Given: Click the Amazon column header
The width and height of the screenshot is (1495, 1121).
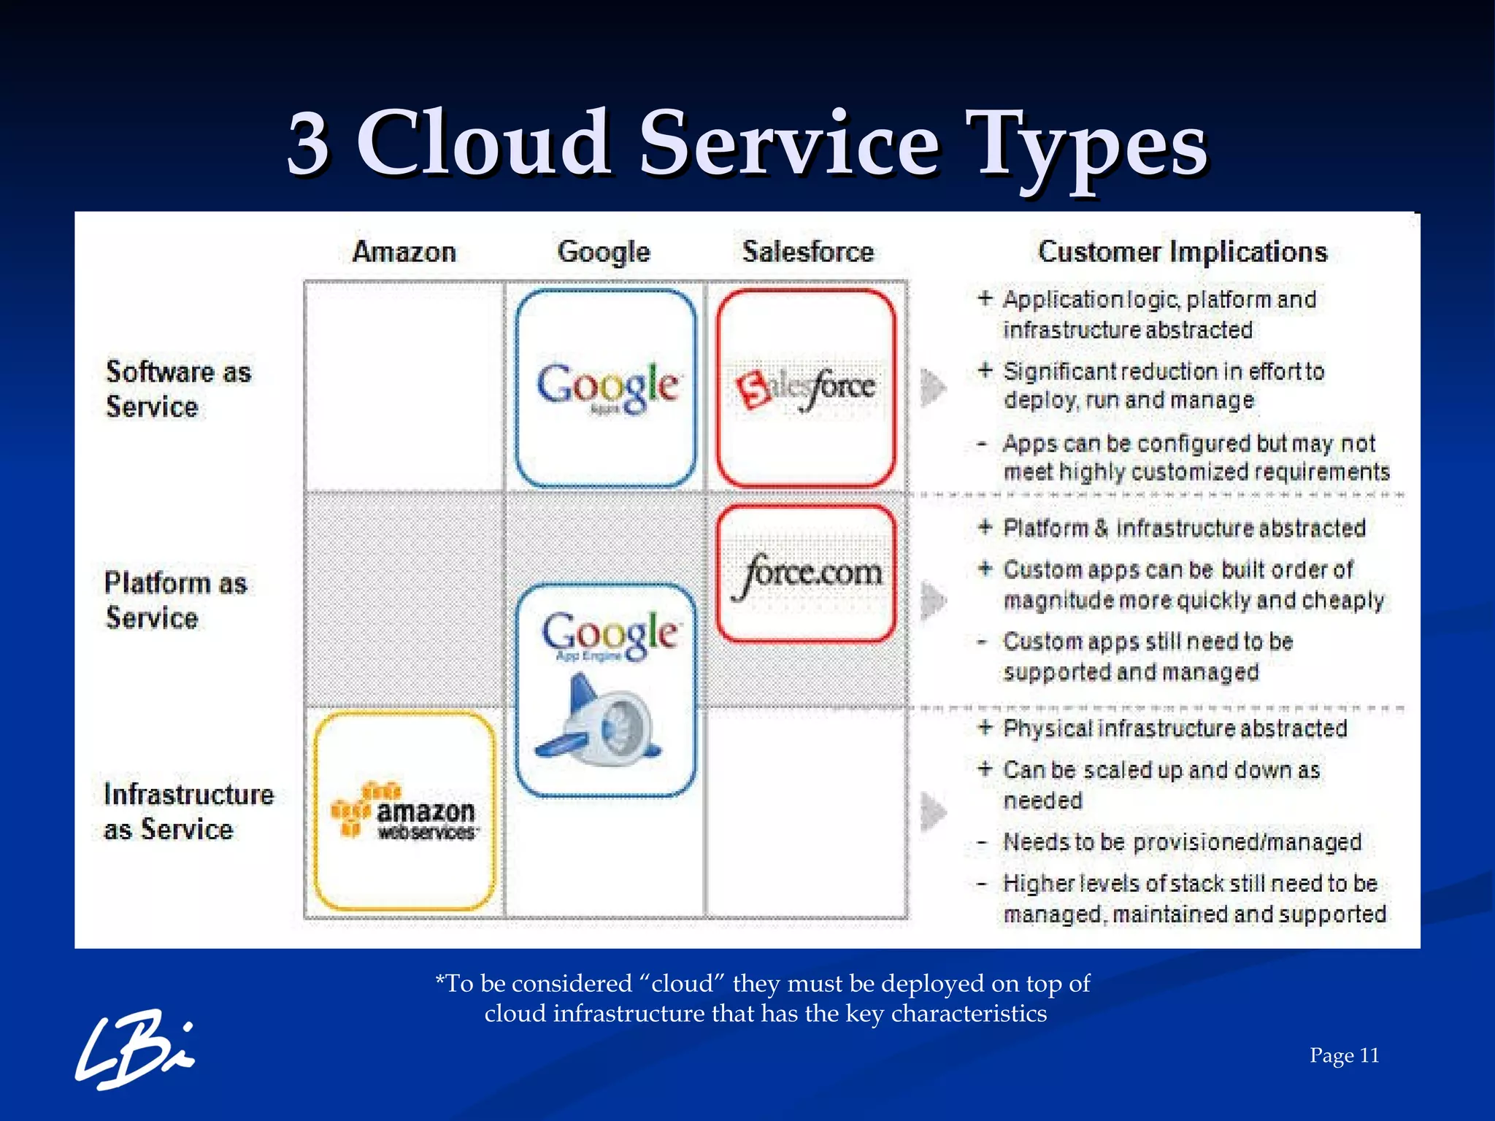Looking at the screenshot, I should tap(404, 252).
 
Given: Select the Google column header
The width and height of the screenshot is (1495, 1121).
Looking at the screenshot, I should tap(604, 252).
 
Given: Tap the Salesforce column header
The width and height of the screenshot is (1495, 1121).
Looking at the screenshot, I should tap(808, 252).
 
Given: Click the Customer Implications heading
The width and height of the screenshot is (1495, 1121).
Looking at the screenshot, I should tap(1183, 252).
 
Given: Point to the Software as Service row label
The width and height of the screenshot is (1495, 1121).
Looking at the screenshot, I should tap(177, 389).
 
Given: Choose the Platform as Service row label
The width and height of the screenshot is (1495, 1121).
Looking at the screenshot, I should tap(175, 600).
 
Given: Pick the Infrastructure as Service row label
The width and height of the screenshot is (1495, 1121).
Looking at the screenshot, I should tap(188, 812).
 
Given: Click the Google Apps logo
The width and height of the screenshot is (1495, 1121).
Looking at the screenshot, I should tap(607, 388).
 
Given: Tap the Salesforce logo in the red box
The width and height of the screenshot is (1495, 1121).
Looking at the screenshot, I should tap(806, 388).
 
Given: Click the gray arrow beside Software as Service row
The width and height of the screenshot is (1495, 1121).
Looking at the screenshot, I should tap(932, 387).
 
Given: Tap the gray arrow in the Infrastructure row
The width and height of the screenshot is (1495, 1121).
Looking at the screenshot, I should tap(932, 812).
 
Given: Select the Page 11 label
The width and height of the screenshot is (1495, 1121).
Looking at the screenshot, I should tap(1344, 1055).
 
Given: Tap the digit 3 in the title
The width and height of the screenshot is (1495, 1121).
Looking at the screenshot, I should tap(308, 144).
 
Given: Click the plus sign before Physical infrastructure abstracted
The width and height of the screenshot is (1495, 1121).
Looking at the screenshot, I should tap(985, 728).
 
